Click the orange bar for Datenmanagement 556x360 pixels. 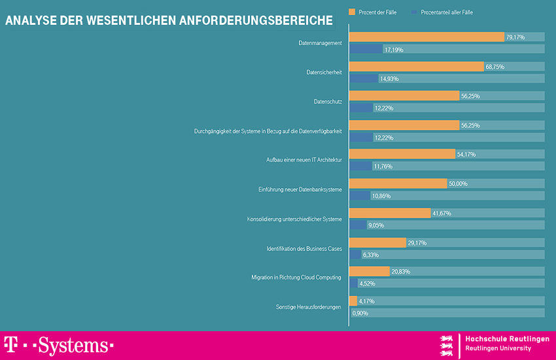click(426, 37)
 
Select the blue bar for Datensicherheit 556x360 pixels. click(363, 79)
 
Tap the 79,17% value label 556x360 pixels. click(515, 37)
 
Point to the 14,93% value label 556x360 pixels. click(389, 79)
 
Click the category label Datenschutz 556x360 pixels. click(328, 101)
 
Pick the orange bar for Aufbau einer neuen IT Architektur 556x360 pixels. click(402, 154)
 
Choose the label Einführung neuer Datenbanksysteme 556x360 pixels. click(300, 189)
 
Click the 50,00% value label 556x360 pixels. click(458, 184)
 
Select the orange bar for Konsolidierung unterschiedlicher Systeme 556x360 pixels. click(390, 213)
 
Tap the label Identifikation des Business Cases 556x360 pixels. click(304, 248)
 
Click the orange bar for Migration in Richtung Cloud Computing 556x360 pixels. click(369, 272)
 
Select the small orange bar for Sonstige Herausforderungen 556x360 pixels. click(353, 301)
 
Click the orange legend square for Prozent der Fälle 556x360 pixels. click(352, 12)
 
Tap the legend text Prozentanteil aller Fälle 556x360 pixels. click(447, 12)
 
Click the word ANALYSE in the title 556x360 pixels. click(32, 20)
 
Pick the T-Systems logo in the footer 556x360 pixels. click(59, 345)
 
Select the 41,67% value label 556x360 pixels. click(442, 213)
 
